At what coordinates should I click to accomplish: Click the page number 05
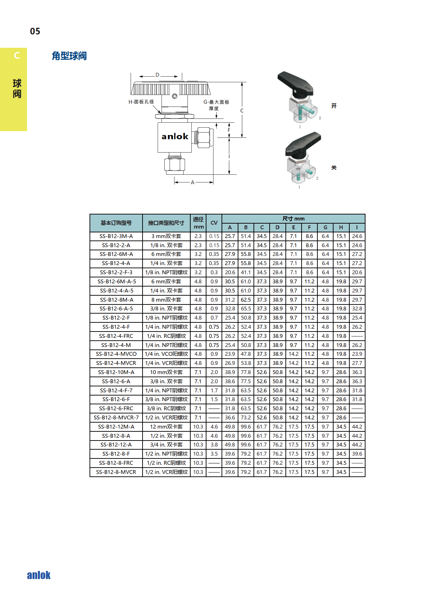click(x=35, y=31)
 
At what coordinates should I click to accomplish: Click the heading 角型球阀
click(x=69, y=56)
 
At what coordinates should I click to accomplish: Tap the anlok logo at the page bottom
click(x=39, y=575)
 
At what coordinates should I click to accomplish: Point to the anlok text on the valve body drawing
click(x=175, y=136)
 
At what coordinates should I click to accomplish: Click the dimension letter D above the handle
click(x=157, y=75)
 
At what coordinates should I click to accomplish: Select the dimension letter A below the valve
click(x=192, y=182)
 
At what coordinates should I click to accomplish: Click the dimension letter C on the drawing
click(x=242, y=111)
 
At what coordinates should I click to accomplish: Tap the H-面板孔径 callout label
click(x=141, y=102)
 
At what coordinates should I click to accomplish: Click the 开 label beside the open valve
click(x=334, y=106)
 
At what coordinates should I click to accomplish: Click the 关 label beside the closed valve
click(x=334, y=168)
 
